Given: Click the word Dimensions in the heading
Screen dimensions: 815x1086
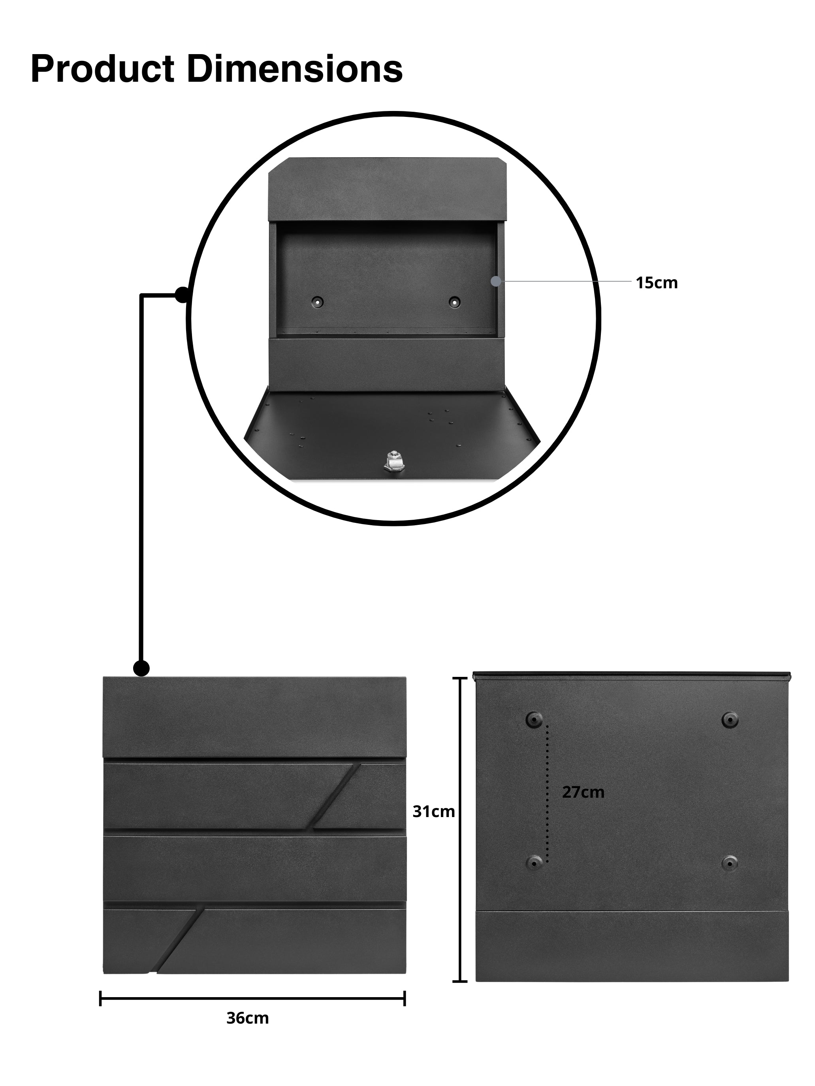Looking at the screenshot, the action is point(295,69).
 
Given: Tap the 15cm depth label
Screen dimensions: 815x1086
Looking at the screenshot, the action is point(656,283).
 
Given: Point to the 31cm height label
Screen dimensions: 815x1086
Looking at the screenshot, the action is point(433,812).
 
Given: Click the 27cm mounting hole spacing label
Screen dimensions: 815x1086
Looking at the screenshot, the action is point(583,792).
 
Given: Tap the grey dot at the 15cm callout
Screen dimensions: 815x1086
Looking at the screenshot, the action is point(496,281).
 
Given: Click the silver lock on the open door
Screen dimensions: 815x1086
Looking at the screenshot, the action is point(393,462).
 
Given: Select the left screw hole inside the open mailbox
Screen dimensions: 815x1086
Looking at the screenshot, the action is point(317,301).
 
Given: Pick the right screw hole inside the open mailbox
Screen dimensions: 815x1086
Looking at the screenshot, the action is point(454,301).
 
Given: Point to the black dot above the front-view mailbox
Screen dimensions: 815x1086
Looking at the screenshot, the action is point(141,668).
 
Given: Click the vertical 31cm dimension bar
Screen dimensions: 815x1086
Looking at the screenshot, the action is point(459,830).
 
